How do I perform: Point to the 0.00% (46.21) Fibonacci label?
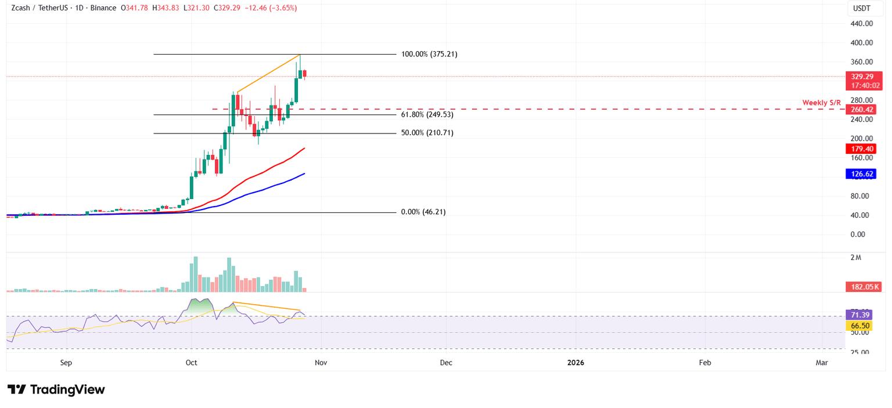423,212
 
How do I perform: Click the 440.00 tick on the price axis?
861,24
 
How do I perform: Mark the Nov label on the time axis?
321,363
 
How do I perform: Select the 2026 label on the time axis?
576,363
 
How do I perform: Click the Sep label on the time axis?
66,363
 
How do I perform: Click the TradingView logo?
56,389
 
